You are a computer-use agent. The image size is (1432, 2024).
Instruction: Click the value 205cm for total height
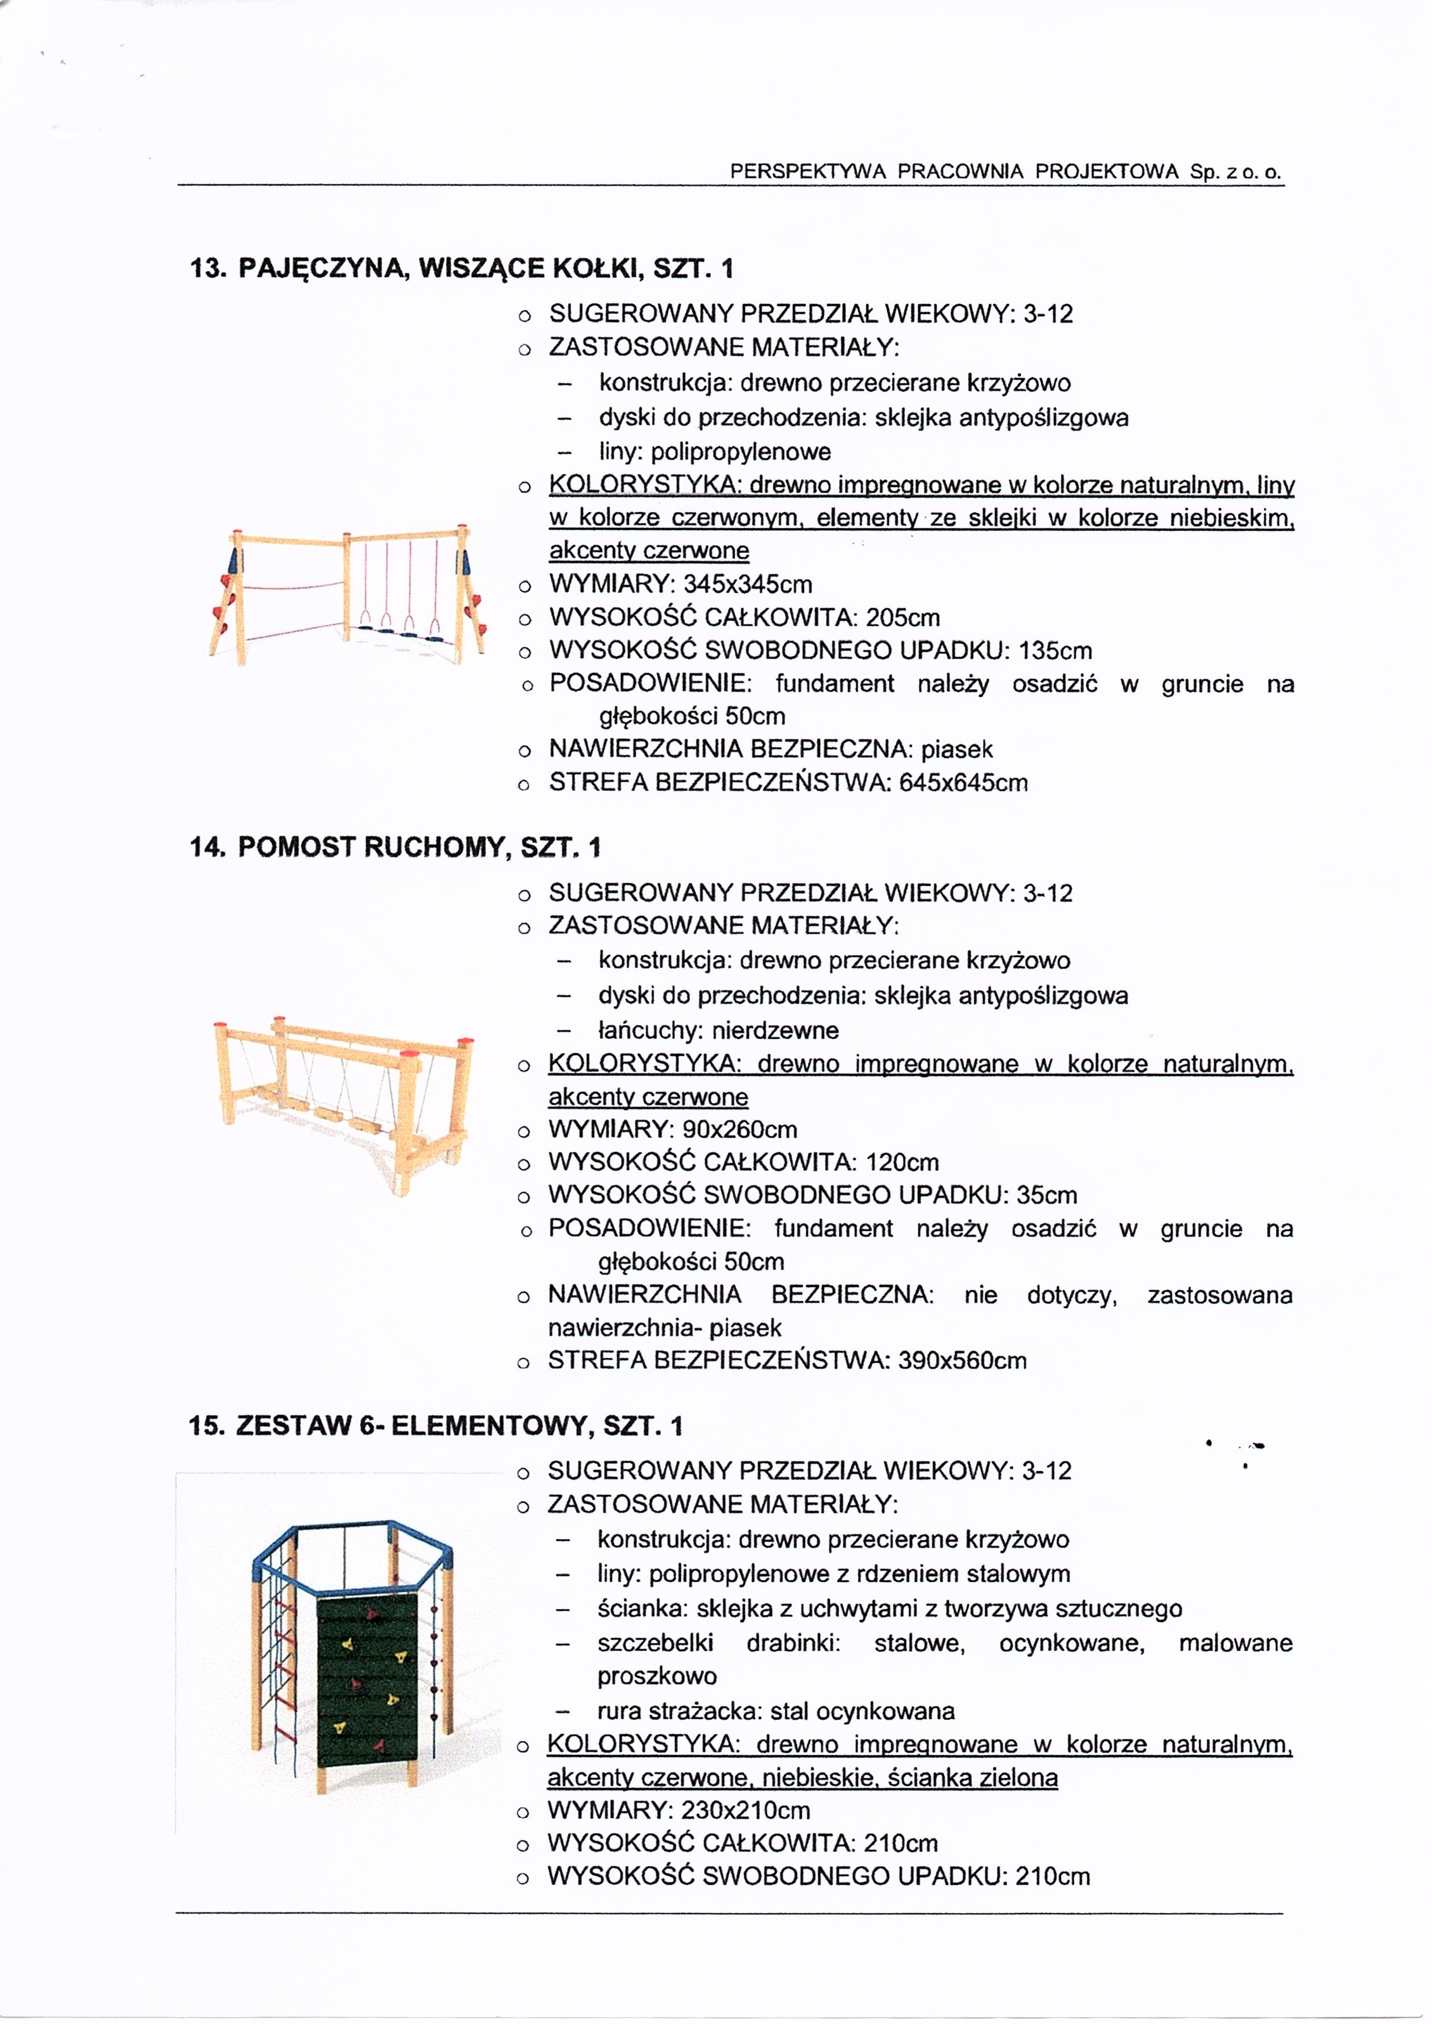coord(902,617)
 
